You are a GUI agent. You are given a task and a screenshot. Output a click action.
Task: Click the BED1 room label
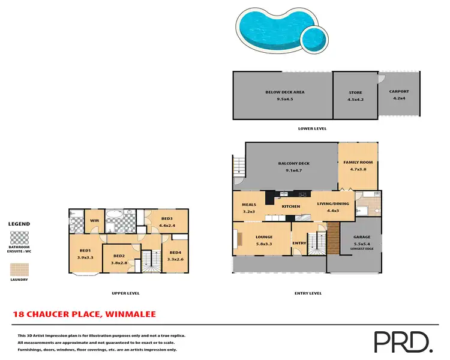click(x=84, y=250)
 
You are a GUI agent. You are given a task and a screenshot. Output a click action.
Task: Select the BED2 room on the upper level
click(x=118, y=256)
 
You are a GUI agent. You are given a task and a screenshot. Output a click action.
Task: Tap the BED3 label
click(x=166, y=218)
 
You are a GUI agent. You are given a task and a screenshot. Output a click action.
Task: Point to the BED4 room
click(x=175, y=253)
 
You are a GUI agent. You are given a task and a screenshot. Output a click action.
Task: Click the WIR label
click(x=94, y=220)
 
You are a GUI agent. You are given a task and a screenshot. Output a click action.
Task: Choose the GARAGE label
click(x=361, y=238)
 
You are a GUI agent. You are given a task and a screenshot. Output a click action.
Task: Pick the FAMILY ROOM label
click(x=358, y=163)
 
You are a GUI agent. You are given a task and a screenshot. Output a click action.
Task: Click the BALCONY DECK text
click(x=293, y=163)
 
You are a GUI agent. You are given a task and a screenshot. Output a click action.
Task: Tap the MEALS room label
click(x=249, y=205)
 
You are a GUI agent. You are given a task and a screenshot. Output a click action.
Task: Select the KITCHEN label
click(x=291, y=206)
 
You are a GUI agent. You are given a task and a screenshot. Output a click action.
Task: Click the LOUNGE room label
click(x=264, y=237)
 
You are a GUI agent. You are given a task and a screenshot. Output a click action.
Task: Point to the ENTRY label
click(x=299, y=243)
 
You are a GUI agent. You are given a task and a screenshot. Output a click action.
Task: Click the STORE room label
click(x=355, y=93)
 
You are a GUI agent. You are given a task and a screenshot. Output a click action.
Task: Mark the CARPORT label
click(x=399, y=91)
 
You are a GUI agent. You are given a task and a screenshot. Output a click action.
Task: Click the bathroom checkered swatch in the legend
click(x=19, y=236)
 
